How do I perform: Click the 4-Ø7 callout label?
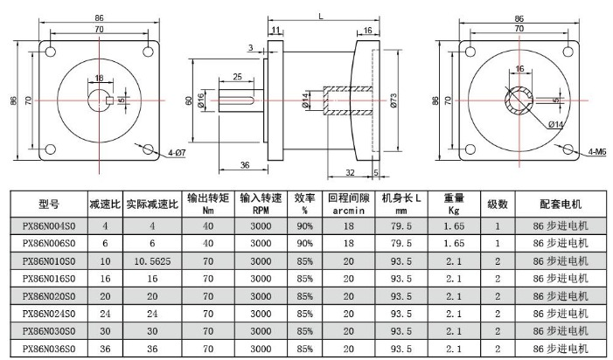click(177, 153)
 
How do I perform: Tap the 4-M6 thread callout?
click(597, 151)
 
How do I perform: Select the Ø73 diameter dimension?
click(394, 100)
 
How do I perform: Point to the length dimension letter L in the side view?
click(321, 16)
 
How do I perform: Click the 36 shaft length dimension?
click(245, 165)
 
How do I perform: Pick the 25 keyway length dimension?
click(237, 77)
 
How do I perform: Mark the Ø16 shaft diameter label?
click(200, 100)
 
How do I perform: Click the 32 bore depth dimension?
click(351, 172)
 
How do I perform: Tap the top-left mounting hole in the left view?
click(51, 52)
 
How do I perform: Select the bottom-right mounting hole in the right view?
click(568, 149)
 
